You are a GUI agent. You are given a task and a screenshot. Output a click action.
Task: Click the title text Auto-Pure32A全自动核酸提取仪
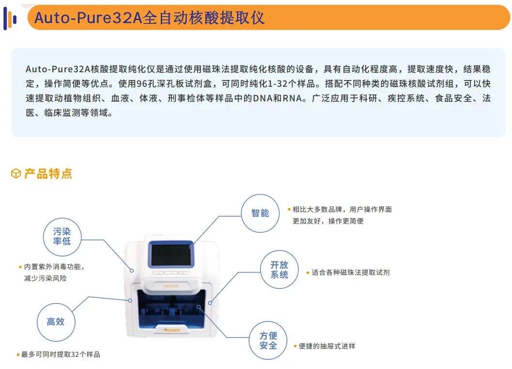click(x=149, y=17)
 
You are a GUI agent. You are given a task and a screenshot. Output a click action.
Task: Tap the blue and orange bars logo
click(x=10, y=18)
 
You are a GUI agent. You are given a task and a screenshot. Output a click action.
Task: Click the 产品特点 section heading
click(x=48, y=174)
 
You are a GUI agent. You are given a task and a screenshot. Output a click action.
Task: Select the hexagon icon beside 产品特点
click(x=16, y=174)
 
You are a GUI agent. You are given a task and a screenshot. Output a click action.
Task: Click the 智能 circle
click(x=260, y=213)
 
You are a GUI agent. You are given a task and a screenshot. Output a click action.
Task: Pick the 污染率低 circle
click(x=62, y=237)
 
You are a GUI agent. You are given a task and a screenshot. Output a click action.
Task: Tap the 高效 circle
click(x=56, y=322)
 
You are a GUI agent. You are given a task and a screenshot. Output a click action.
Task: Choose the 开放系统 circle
click(x=279, y=270)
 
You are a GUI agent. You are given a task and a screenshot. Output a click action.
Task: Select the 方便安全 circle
click(x=268, y=340)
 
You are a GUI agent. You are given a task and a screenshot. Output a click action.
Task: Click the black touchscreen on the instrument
click(x=171, y=255)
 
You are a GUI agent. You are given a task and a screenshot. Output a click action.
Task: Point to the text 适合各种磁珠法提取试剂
click(x=350, y=273)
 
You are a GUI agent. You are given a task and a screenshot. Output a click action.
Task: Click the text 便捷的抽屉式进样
click(x=327, y=346)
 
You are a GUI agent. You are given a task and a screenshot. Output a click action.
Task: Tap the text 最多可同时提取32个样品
click(x=61, y=354)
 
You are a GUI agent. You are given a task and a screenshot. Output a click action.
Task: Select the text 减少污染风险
click(x=46, y=278)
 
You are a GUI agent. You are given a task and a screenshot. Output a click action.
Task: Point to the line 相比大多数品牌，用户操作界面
click(x=342, y=209)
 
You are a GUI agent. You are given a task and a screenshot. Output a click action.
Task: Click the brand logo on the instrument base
click(x=172, y=330)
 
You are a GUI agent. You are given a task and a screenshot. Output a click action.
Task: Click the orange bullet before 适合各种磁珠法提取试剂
click(x=308, y=273)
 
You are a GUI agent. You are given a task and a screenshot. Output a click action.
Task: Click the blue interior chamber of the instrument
click(x=171, y=309)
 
